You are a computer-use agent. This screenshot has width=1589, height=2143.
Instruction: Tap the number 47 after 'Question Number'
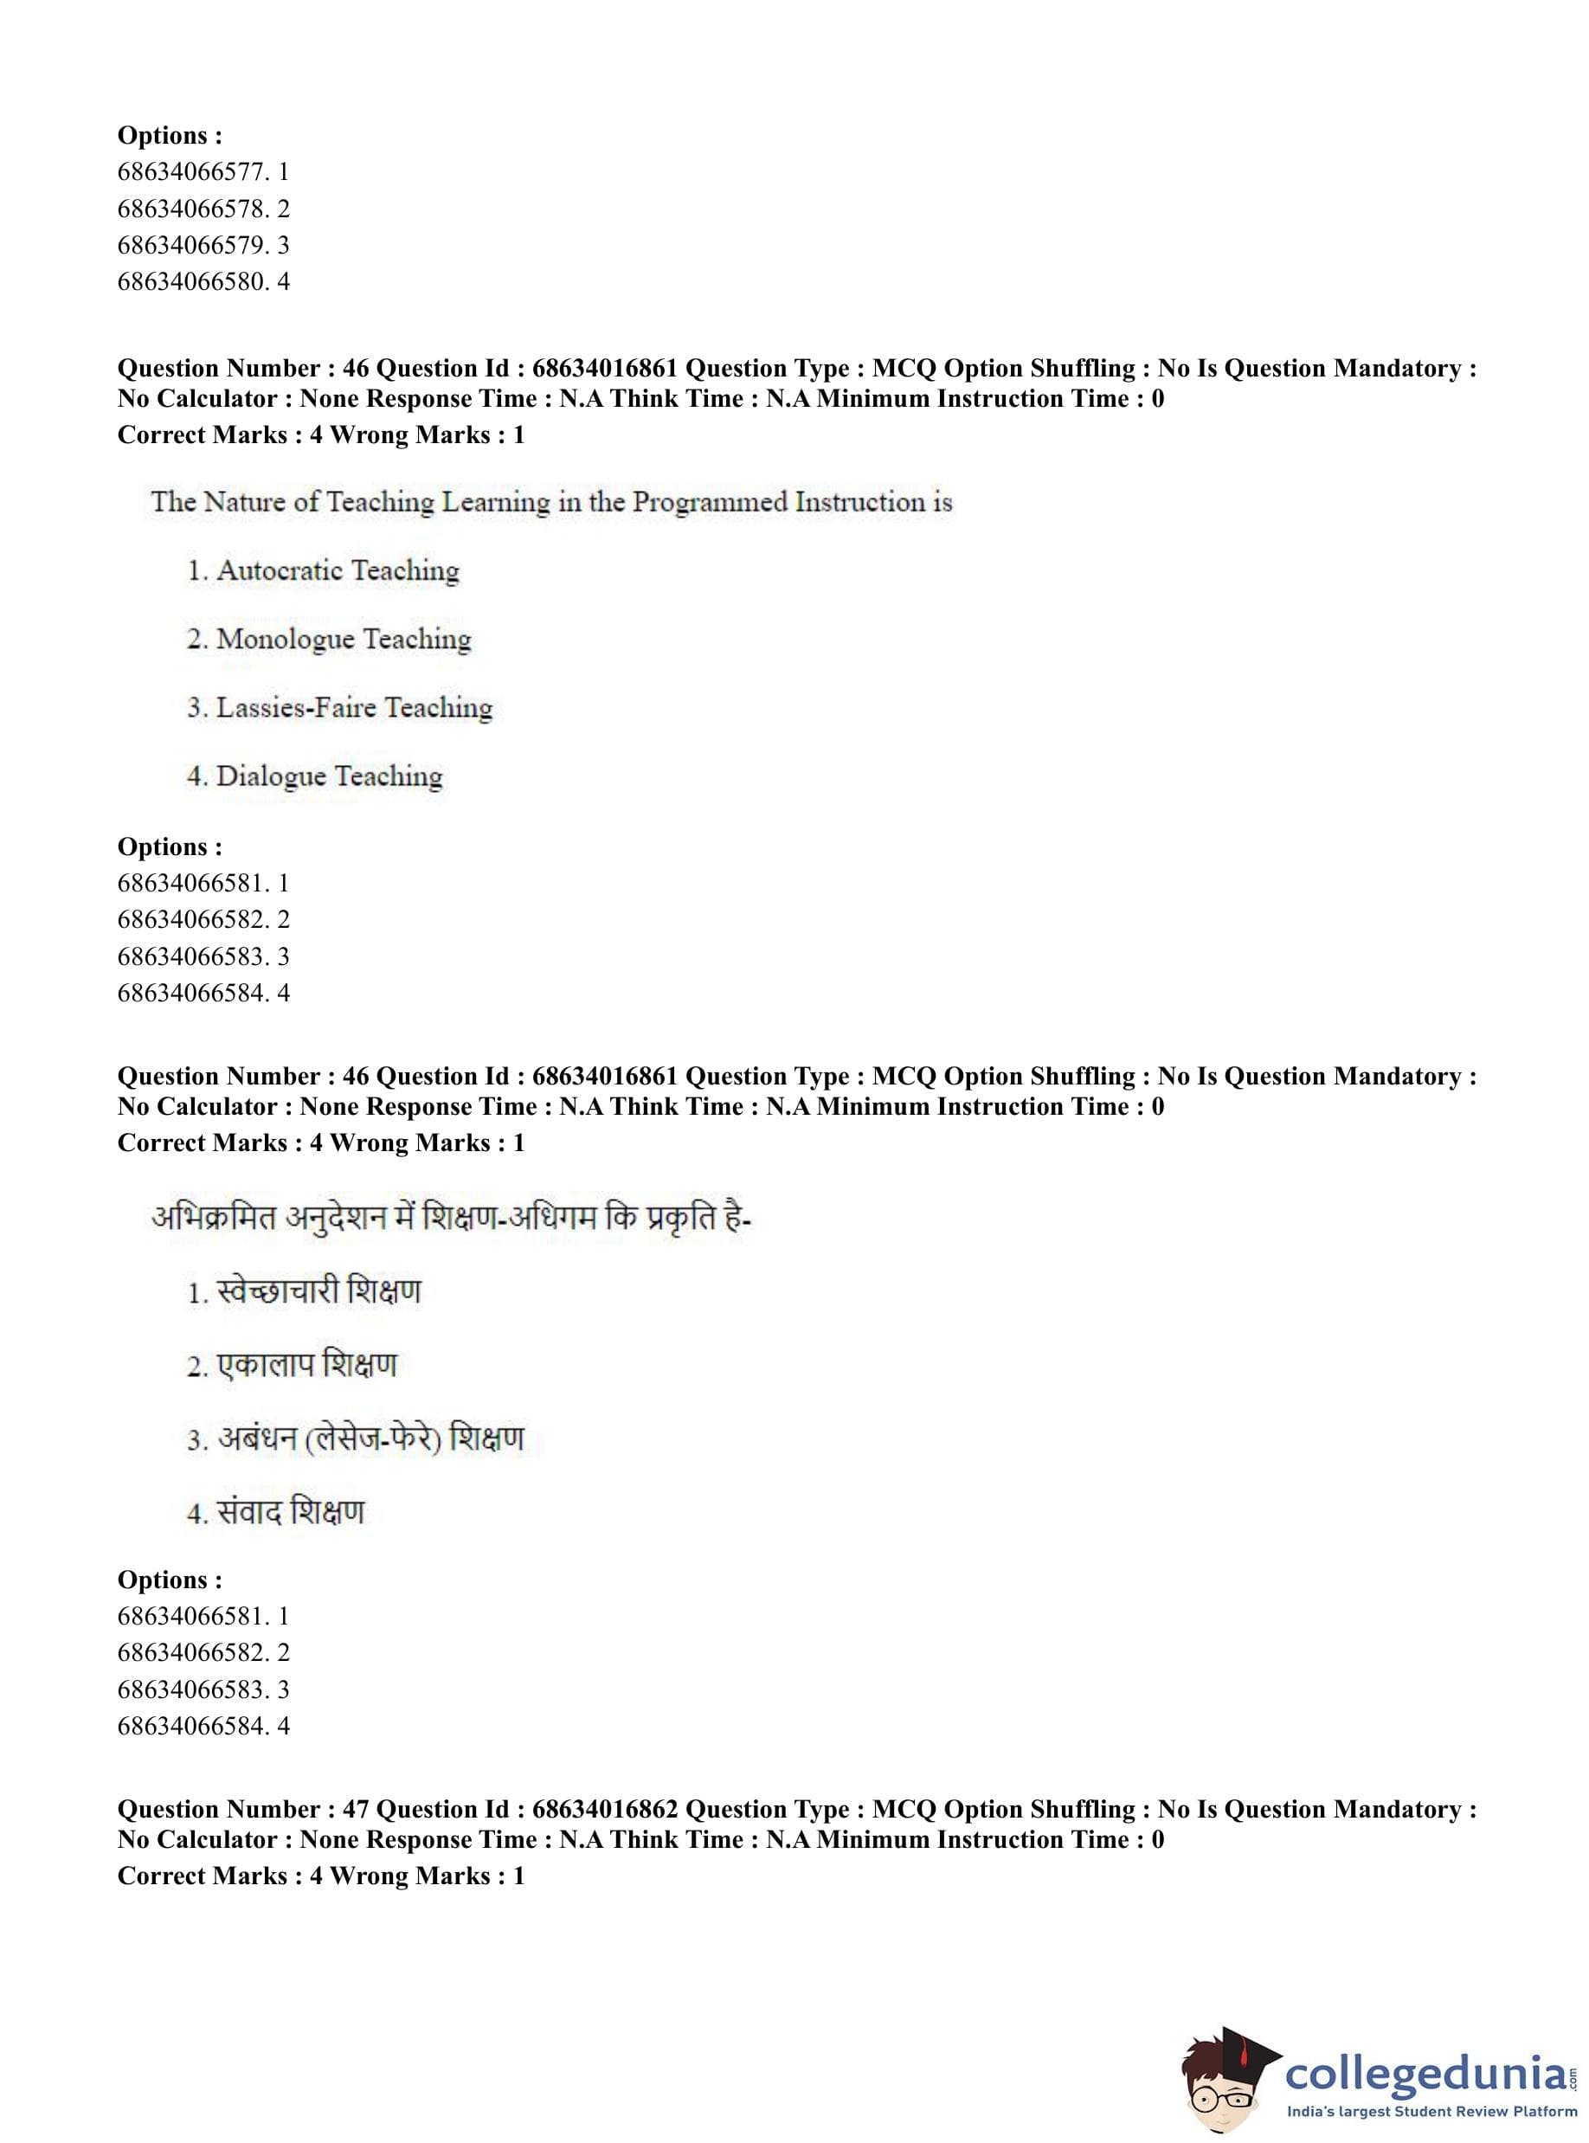pyautogui.click(x=355, y=1809)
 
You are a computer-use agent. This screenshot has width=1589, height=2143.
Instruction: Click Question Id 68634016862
pyautogui.click(x=605, y=1809)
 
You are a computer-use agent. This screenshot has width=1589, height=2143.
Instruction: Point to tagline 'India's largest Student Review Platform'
pyautogui.click(x=1431, y=2111)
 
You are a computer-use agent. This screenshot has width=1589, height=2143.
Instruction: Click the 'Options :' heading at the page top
pyautogui.click(x=170, y=136)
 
